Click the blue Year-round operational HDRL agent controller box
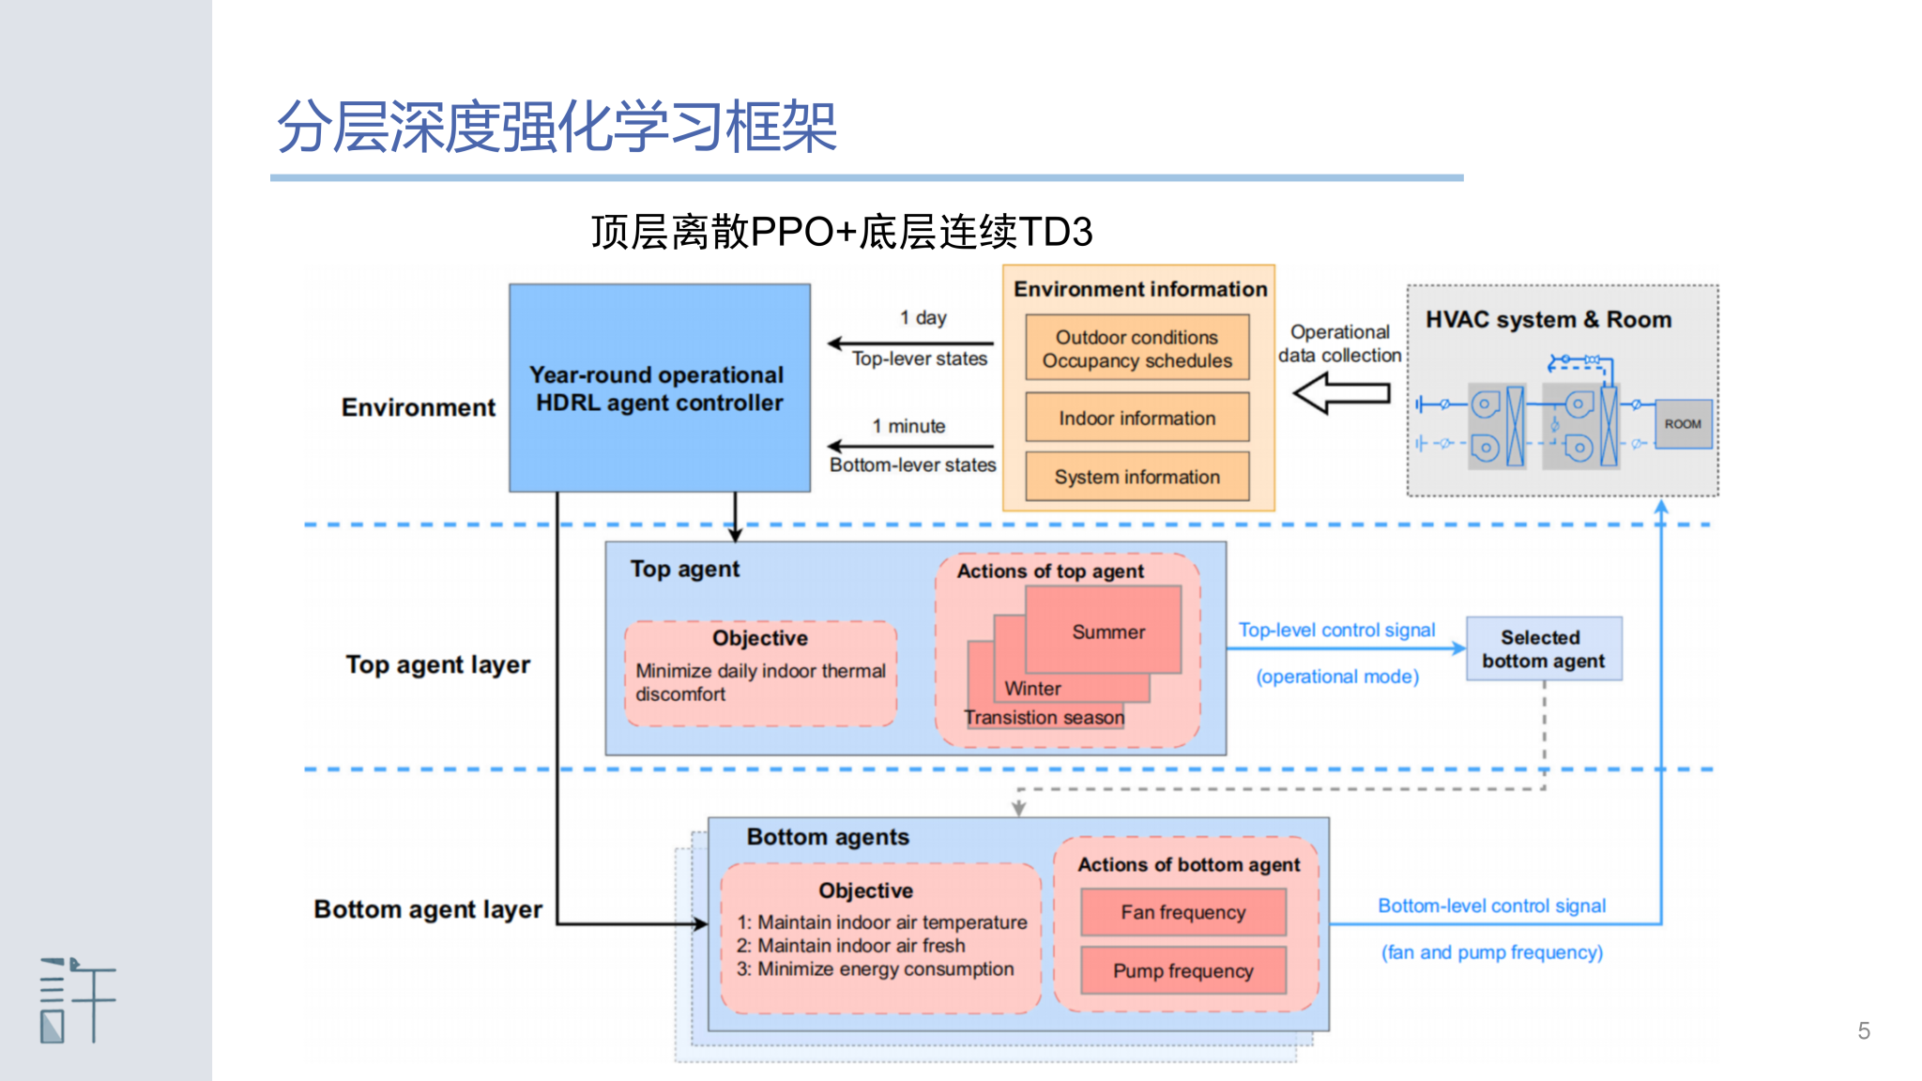click(659, 388)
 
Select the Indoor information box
click(1136, 418)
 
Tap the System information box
click(1136, 477)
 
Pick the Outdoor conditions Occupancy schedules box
click(1136, 348)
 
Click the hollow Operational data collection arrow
click(1341, 392)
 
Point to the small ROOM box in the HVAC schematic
click(1683, 424)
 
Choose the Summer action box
click(1107, 632)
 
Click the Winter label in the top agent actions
click(1032, 689)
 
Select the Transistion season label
click(1044, 718)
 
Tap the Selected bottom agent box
click(1543, 648)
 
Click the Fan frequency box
click(1182, 912)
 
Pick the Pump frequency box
click(1182, 970)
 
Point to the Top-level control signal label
click(1336, 630)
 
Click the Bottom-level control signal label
click(1491, 906)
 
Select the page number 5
click(1864, 1030)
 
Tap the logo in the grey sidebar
click(77, 1000)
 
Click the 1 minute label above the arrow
click(908, 426)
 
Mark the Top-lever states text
click(919, 358)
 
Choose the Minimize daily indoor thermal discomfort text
click(760, 682)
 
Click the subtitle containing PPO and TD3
click(842, 232)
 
